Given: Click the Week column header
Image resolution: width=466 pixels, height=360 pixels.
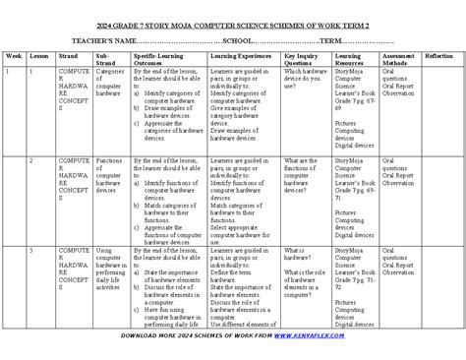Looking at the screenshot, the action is tap(14, 58).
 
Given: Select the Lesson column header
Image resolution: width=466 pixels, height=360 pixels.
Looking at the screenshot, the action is tap(39, 58).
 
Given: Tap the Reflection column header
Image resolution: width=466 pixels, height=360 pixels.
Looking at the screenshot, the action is tap(439, 58).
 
